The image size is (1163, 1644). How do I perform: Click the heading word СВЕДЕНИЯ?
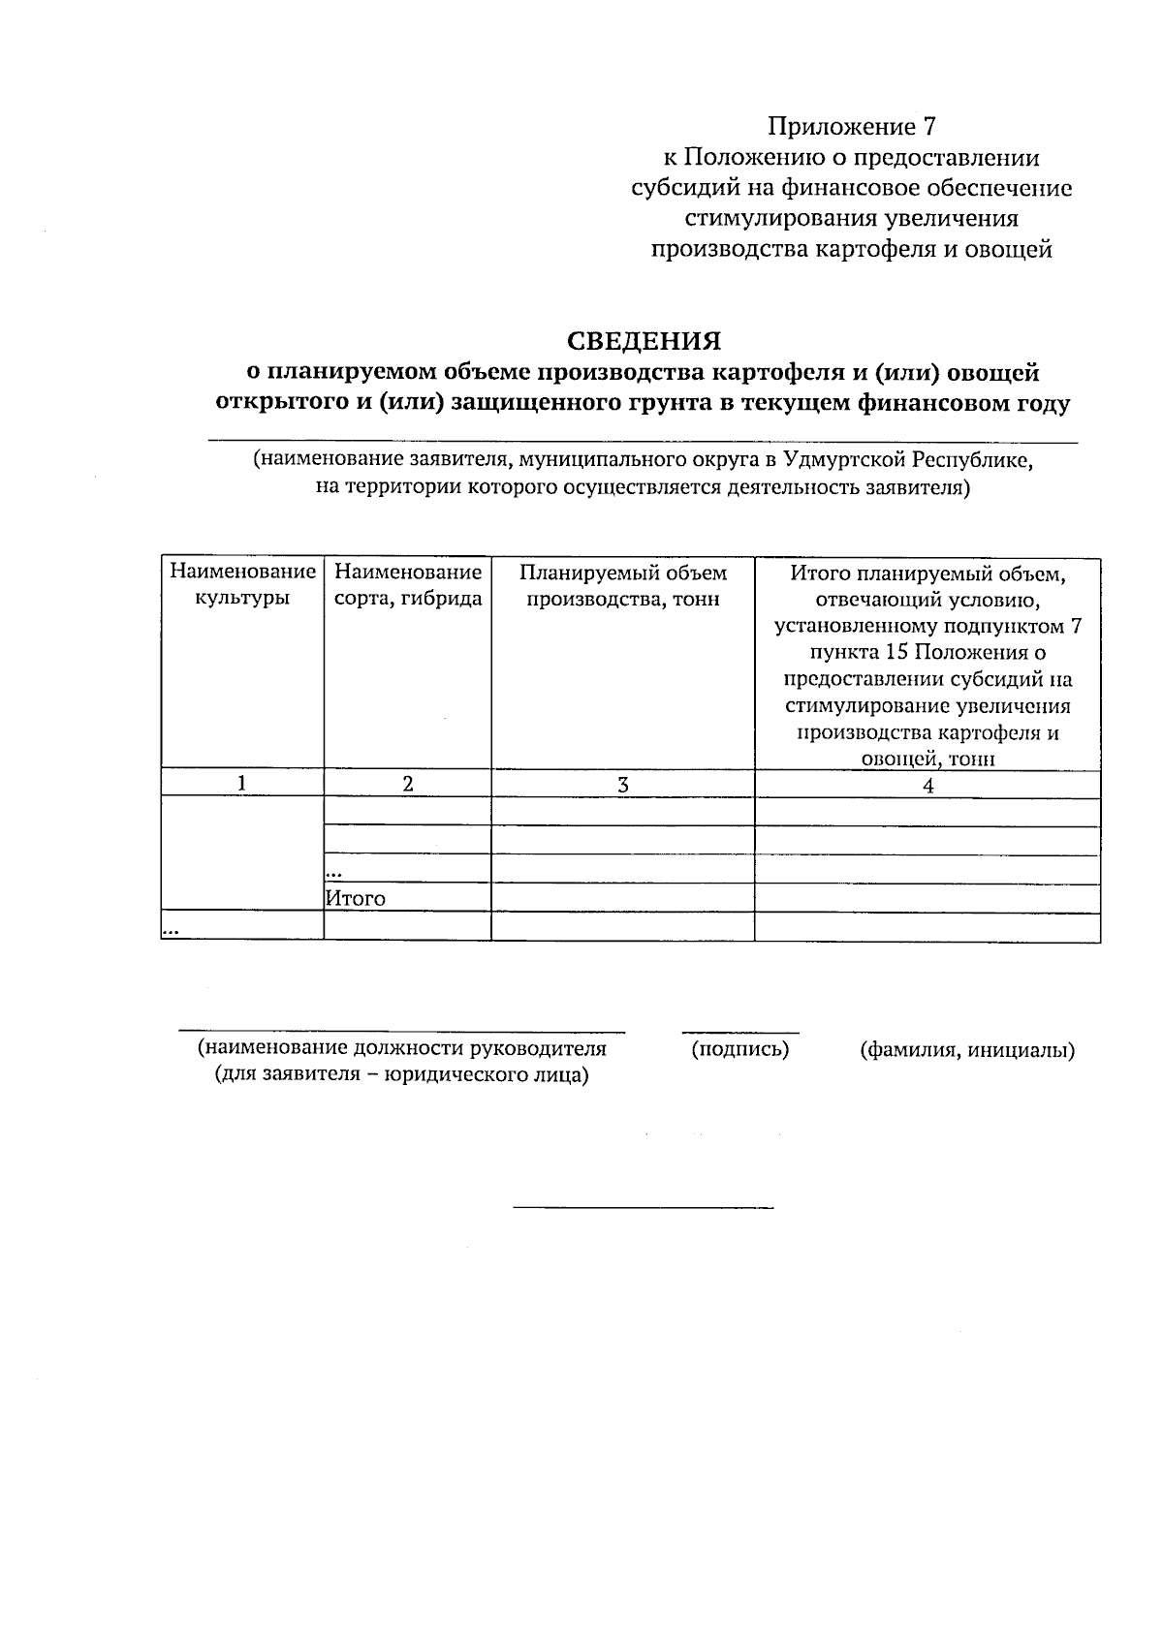[644, 341]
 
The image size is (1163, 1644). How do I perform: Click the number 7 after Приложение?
[931, 127]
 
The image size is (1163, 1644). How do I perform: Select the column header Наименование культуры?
[242, 585]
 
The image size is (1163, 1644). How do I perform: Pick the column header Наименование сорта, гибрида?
[408, 585]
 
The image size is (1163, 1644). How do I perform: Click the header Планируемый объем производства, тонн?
[623, 585]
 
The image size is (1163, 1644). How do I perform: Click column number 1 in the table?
[241, 784]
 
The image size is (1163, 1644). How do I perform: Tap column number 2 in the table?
[408, 784]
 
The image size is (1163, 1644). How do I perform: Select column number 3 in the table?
[623, 785]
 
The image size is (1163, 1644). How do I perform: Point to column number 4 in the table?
[927, 786]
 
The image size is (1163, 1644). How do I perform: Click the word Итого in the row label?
[356, 898]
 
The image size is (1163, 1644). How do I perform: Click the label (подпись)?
[739, 1049]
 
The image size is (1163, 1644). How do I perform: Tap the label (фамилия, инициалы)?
[967, 1049]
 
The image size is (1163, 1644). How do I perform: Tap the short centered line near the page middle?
[643, 1207]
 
